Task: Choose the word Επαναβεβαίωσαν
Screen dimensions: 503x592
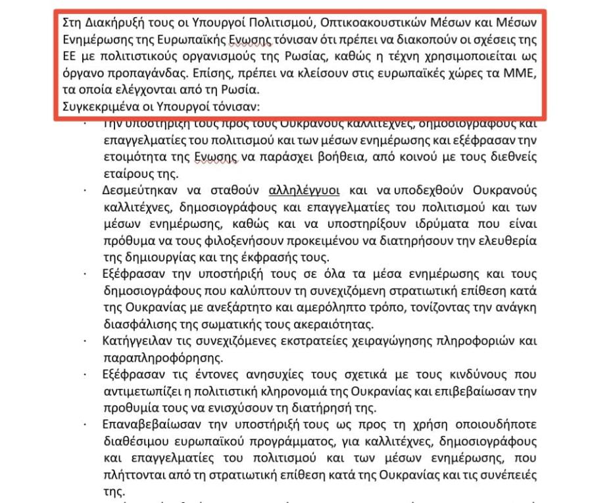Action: coord(151,425)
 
